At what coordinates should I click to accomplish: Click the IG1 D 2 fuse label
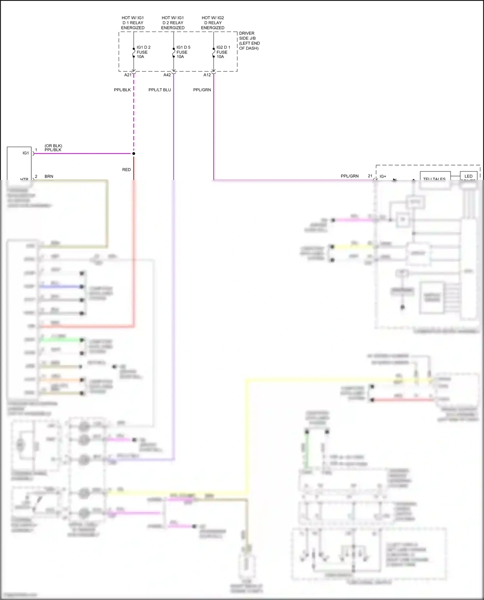(143, 52)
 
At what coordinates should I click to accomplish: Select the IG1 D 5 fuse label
(183, 52)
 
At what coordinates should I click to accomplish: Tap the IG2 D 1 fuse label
(223, 52)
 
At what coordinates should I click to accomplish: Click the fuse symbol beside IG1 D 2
(134, 53)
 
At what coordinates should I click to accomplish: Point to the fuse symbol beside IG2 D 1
(214, 53)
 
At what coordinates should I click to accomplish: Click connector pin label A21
(128, 75)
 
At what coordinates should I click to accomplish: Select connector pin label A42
(167, 75)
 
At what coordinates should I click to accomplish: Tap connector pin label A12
(207, 75)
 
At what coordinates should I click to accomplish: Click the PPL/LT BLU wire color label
(160, 90)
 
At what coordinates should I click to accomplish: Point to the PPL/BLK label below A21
(122, 90)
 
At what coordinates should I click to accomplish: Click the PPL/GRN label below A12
(202, 90)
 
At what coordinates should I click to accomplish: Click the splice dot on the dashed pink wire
(134, 153)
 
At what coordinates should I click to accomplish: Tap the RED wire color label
(126, 170)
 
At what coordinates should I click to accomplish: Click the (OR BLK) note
(53, 146)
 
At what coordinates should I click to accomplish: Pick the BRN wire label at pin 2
(49, 176)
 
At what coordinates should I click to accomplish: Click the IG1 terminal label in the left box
(26, 153)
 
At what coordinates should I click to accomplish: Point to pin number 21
(370, 176)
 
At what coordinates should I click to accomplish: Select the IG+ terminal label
(383, 176)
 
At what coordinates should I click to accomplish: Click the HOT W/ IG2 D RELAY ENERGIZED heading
(213, 23)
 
